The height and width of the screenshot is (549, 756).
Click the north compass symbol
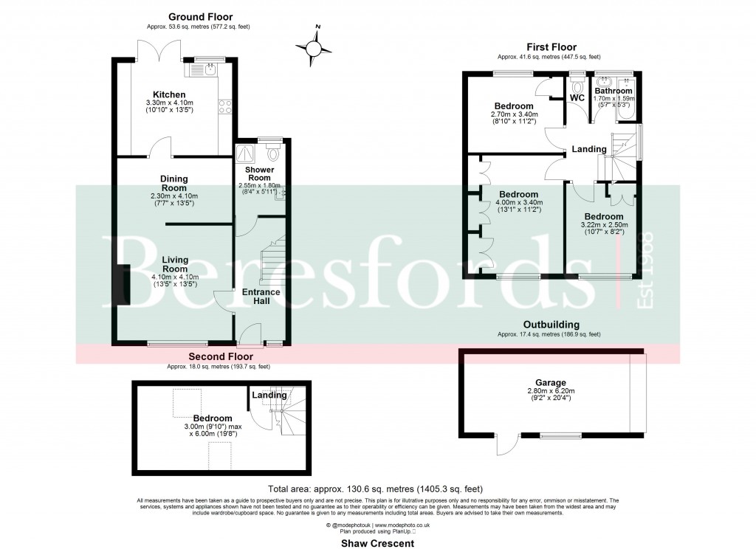(x=317, y=46)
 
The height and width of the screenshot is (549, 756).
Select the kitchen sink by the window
(x=200, y=71)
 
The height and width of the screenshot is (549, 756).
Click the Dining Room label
(x=174, y=183)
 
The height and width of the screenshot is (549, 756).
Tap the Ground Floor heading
(x=200, y=16)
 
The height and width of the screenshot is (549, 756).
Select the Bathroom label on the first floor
(x=614, y=91)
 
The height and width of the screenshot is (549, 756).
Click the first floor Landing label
(x=589, y=149)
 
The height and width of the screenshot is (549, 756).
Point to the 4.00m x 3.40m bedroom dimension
(x=520, y=202)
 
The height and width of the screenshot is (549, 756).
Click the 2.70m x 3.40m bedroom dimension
(x=515, y=114)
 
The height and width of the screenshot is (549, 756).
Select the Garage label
(x=551, y=383)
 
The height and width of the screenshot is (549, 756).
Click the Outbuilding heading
(x=551, y=325)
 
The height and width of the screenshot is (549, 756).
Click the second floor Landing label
(x=269, y=396)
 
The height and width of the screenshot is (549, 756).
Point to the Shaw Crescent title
(x=377, y=543)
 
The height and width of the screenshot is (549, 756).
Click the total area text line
(x=377, y=489)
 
